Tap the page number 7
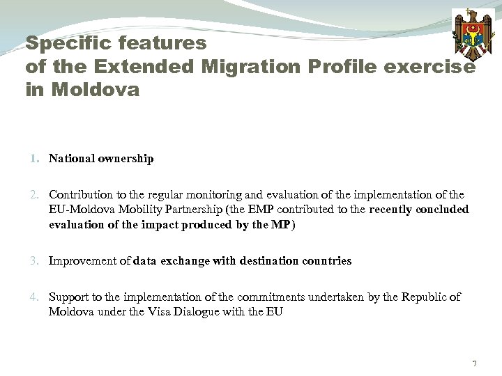(x=474, y=364)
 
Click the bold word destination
(x=263, y=261)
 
